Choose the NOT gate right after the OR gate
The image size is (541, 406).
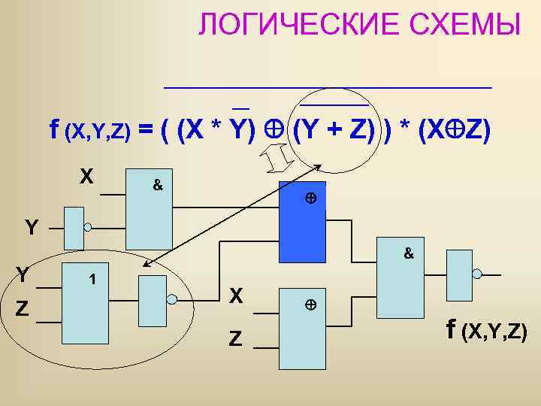(153, 299)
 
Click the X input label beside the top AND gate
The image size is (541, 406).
(88, 177)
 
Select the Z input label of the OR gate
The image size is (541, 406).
(26, 308)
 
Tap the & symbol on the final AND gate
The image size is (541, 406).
(409, 254)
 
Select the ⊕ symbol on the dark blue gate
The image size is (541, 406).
(309, 199)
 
